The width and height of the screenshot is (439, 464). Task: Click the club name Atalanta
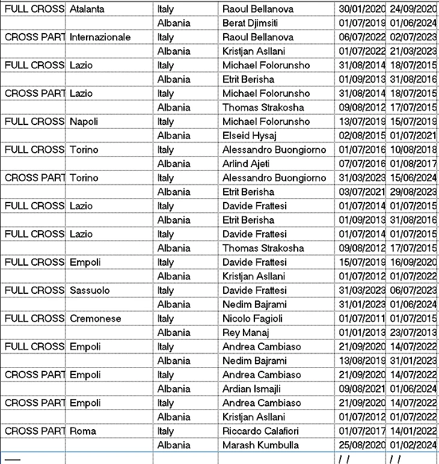87,9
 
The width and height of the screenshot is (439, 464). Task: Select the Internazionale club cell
100,37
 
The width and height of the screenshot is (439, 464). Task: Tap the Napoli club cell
84,121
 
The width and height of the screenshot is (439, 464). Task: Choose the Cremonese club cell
95,319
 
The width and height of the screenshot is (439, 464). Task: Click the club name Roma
83,431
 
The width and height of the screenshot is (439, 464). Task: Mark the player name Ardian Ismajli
251,389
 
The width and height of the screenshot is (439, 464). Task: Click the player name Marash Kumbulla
259,445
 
